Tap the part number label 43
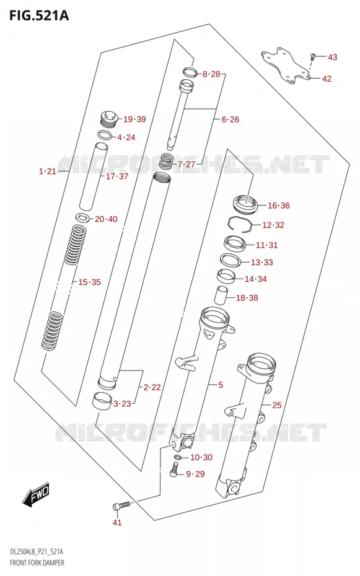coord(332,57)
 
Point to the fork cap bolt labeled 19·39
coord(108,118)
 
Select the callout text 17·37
coord(117,177)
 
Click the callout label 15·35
coord(89,282)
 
